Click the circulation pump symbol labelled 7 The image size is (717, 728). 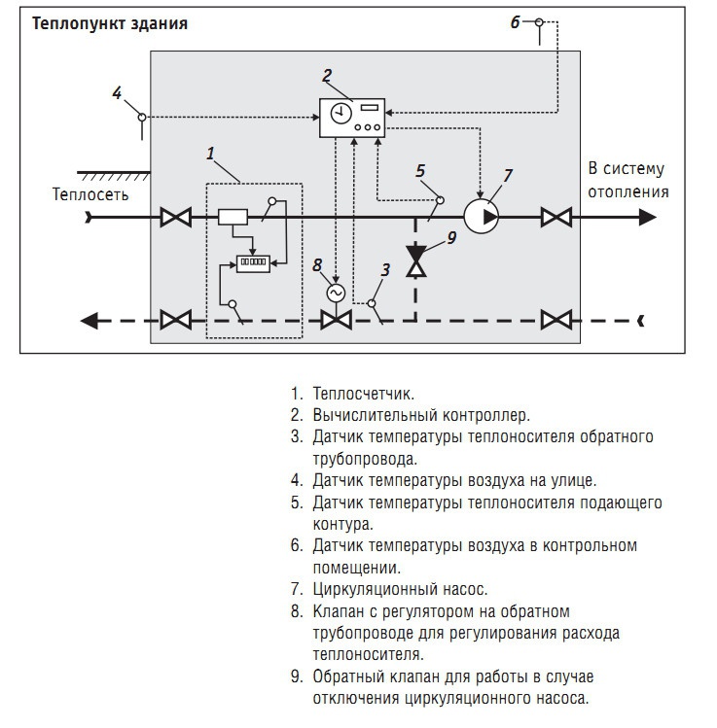click(481, 216)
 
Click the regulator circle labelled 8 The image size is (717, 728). click(337, 292)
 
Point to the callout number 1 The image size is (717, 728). click(209, 153)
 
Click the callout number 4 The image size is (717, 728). click(117, 93)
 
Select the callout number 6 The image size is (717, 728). click(516, 21)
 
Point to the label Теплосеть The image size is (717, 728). click(90, 193)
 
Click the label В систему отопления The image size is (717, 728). click(627, 180)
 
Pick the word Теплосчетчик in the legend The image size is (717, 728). click(363, 394)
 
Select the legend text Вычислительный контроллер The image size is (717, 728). click(420, 416)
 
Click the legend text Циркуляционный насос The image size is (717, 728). click(400, 589)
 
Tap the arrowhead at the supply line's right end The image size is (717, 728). click(647, 217)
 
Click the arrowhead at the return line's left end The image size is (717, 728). click(90, 319)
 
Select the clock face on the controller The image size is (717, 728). click(340, 114)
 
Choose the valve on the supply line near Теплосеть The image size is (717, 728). click(175, 217)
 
